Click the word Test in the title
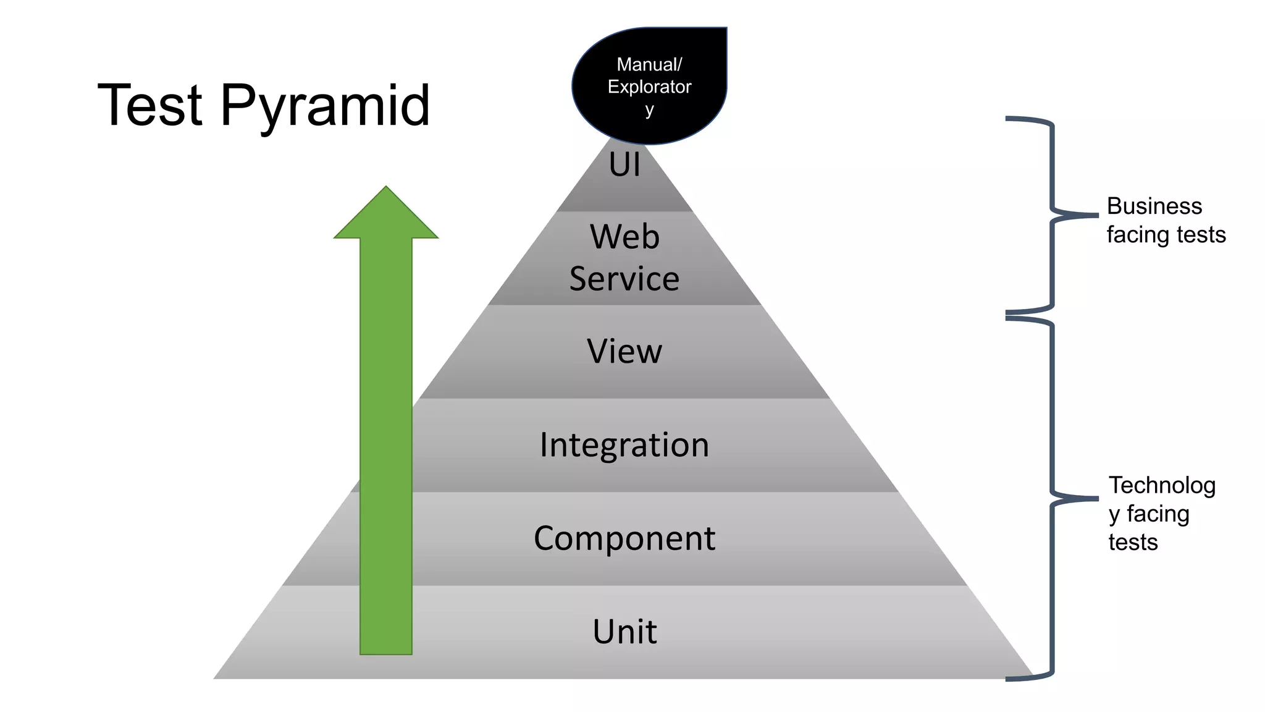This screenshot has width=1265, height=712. pos(150,106)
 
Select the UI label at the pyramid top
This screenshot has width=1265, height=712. pos(624,165)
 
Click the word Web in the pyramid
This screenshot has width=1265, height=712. pos(624,237)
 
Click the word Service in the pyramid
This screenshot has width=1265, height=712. pos(624,279)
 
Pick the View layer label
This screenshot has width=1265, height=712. pos(624,351)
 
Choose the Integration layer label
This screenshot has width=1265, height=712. pos(624,445)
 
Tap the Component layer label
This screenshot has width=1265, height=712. pos(624,538)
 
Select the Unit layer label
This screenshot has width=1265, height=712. pos(624,632)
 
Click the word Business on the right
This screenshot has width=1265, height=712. pos(1154,206)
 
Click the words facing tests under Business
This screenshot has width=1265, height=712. pos(1166,235)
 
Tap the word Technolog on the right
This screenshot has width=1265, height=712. pos(1161,485)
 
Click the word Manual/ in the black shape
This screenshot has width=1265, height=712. pos(649,64)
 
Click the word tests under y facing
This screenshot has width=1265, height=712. pos(1132,542)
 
